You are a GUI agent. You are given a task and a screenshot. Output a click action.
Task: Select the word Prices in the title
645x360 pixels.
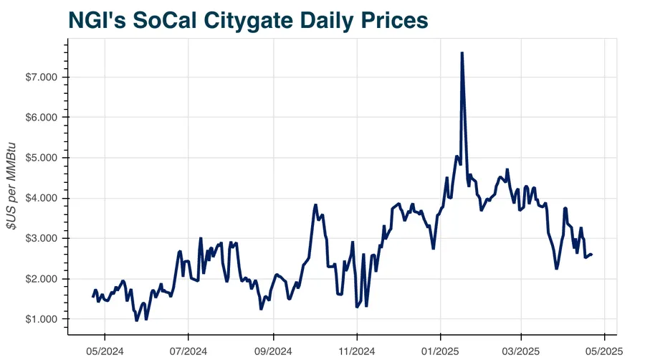(x=393, y=20)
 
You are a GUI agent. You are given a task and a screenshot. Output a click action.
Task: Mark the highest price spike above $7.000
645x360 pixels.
(x=462, y=53)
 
